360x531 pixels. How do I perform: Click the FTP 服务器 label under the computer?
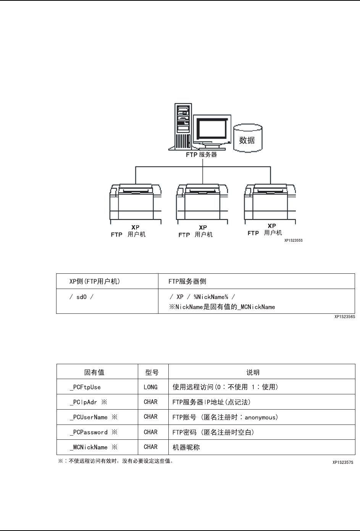202,155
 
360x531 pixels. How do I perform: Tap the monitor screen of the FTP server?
212,130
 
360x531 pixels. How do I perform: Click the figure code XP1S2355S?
293,241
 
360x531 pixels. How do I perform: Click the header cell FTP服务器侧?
187,281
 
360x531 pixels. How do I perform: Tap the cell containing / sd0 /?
81,297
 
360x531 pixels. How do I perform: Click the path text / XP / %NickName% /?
202,297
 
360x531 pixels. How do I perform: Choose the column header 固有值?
94,372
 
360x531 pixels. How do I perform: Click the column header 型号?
152,372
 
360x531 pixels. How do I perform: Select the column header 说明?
253,372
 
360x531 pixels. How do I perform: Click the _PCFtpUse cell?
86,387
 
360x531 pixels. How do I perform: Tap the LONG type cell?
151,387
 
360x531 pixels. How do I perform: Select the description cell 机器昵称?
186,447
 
